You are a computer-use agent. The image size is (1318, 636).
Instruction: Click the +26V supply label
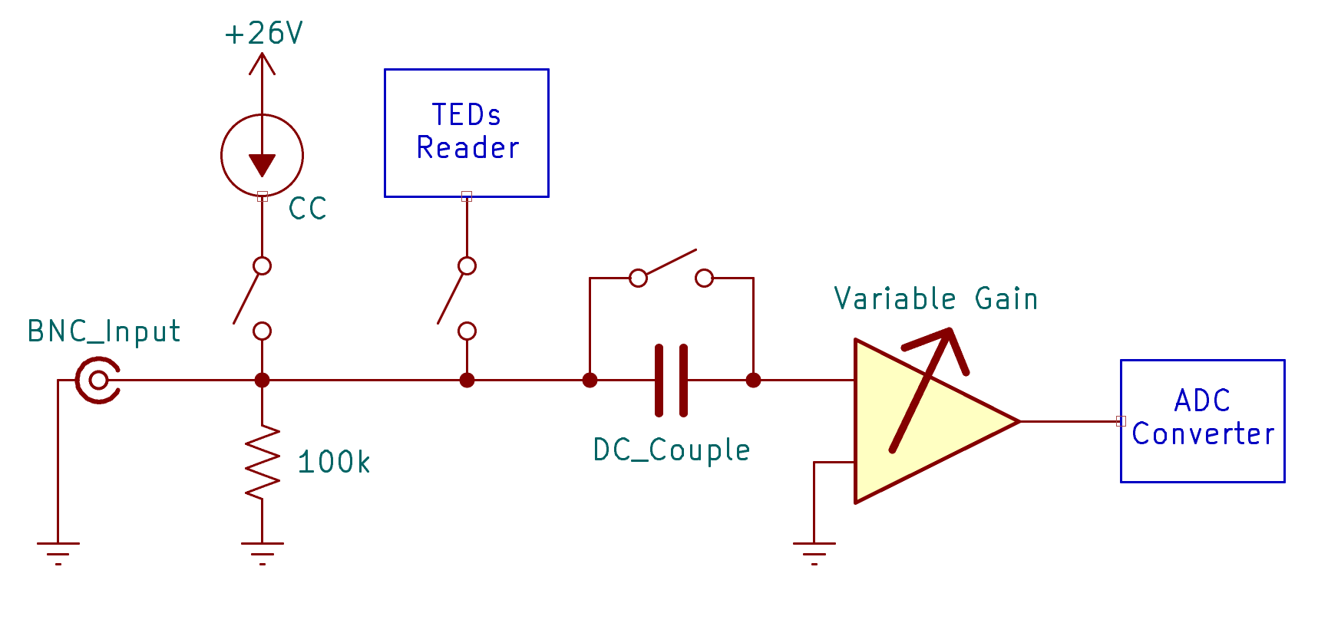pos(263,34)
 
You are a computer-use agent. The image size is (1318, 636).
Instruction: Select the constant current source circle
pos(262,155)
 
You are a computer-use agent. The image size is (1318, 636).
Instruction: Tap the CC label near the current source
pos(307,209)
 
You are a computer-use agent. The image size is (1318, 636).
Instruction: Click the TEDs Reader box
pos(466,133)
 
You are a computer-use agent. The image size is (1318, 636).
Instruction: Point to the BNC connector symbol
pos(98,380)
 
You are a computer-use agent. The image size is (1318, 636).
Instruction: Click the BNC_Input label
pos(104,331)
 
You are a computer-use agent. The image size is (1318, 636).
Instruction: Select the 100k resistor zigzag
pos(262,462)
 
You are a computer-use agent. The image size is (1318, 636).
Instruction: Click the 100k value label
pos(333,463)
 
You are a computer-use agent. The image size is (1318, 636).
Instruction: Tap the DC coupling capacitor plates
pos(671,381)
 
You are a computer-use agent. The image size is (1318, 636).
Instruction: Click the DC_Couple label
pos(672,450)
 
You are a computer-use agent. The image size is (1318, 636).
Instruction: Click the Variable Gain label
pos(936,298)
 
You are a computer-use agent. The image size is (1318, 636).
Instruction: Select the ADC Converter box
pos(1202,420)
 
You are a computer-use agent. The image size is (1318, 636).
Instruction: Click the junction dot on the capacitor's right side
pos(753,380)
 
